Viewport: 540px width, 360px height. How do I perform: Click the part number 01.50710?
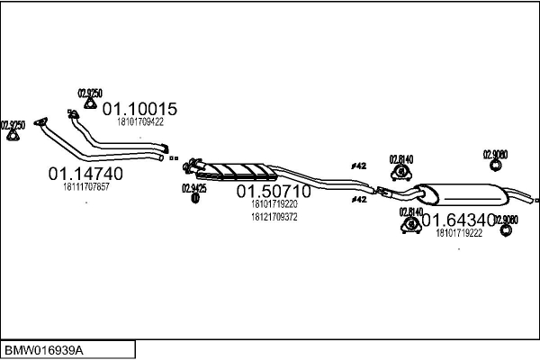click(x=273, y=192)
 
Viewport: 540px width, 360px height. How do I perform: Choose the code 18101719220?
click(x=273, y=204)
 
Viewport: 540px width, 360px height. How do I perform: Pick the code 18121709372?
click(x=273, y=216)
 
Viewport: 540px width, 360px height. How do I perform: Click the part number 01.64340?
click(x=459, y=220)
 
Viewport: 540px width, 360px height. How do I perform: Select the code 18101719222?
click(x=459, y=233)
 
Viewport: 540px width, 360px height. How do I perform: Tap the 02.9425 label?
click(x=194, y=188)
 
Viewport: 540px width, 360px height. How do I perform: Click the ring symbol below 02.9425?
click(x=194, y=199)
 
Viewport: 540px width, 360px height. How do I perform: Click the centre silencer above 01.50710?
click(x=238, y=170)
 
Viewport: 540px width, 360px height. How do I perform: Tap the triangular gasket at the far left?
click(x=13, y=135)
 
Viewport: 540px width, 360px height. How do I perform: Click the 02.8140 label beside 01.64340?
click(x=410, y=211)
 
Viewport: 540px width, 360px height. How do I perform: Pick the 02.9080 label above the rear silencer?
click(x=495, y=154)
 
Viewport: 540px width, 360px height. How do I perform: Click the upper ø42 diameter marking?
click(x=358, y=166)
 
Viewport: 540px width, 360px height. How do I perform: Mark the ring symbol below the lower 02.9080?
click(x=506, y=231)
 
